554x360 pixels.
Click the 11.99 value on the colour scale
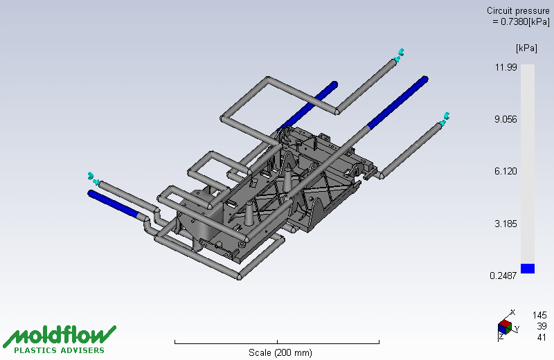(x=506, y=67)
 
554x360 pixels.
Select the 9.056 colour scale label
(x=506, y=119)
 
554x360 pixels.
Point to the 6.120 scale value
(x=506, y=171)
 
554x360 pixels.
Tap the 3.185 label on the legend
(x=506, y=224)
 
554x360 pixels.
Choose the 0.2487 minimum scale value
(x=503, y=276)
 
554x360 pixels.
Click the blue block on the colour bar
(x=528, y=269)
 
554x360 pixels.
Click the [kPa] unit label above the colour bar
(x=526, y=48)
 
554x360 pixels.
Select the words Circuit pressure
(x=518, y=10)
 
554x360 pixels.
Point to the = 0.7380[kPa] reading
(x=521, y=21)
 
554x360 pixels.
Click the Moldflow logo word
(x=60, y=335)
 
